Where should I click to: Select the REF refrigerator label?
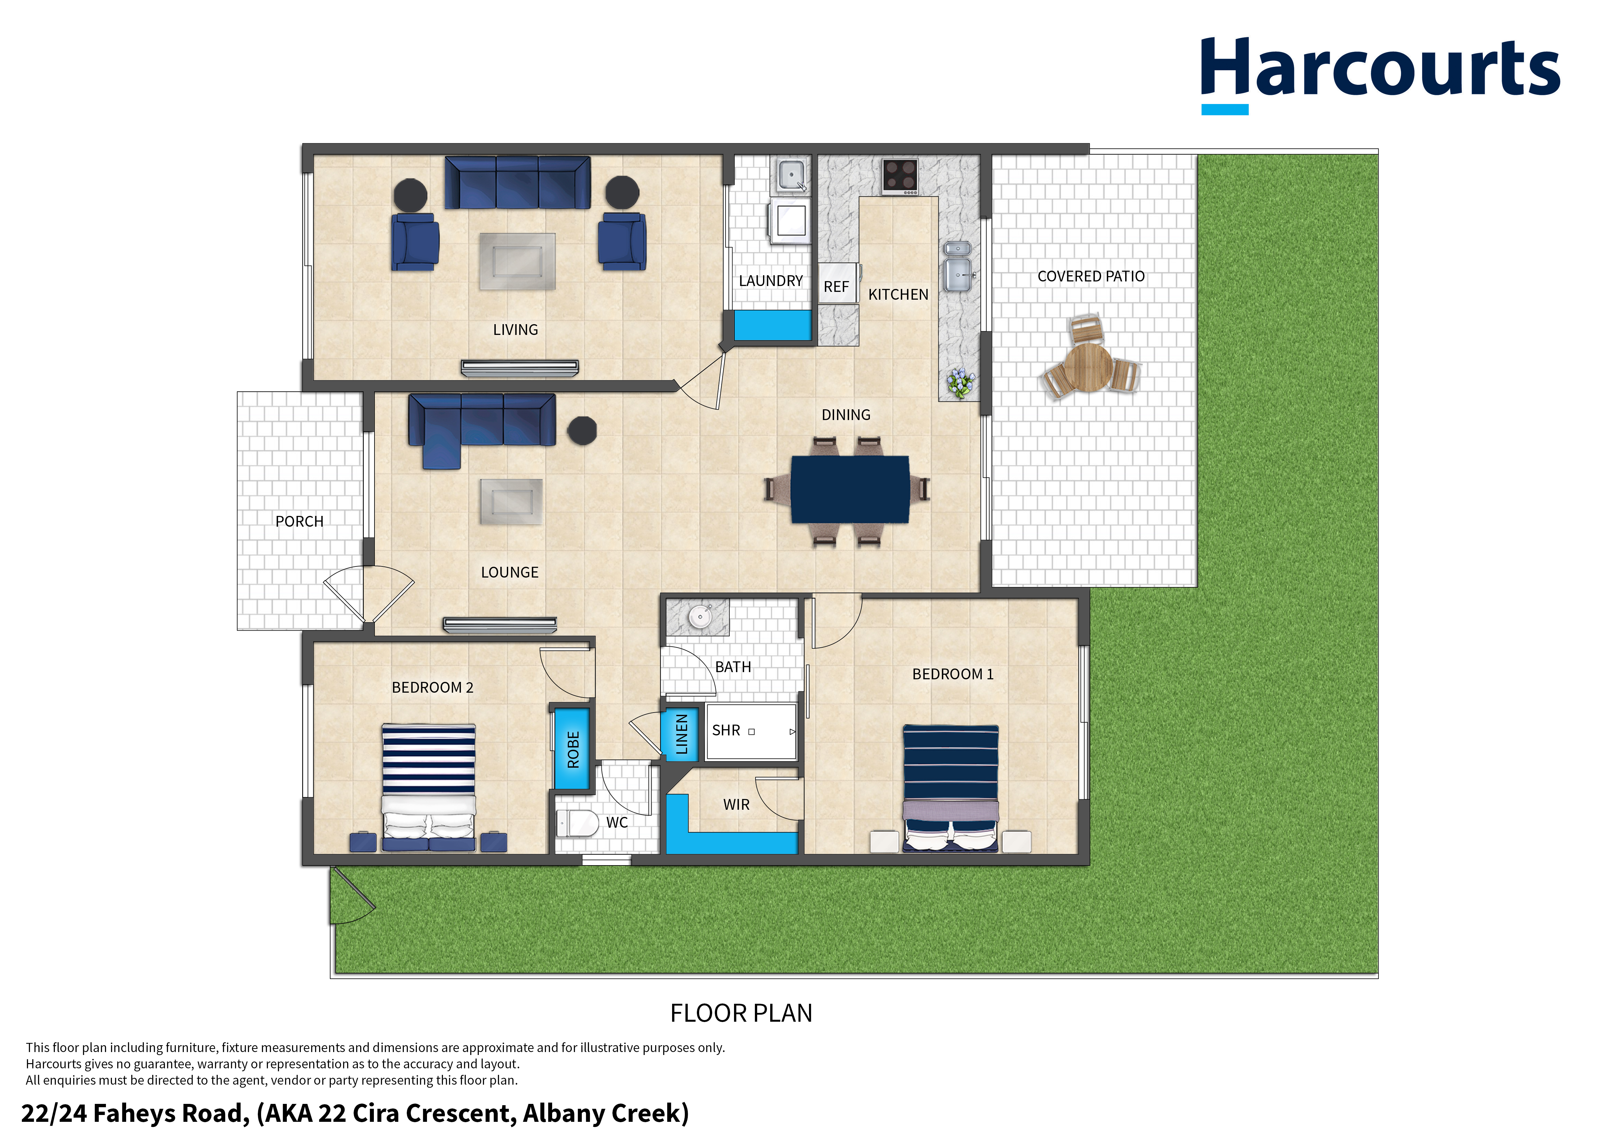836,287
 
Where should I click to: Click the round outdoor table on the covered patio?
1088,366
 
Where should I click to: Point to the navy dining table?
850,489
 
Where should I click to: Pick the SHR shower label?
726,730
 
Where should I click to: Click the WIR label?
736,805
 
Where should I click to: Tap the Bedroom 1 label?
953,674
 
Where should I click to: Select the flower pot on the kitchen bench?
960,383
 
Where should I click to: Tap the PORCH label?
299,521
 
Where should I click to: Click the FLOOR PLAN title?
741,1013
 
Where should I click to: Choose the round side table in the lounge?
582,430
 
